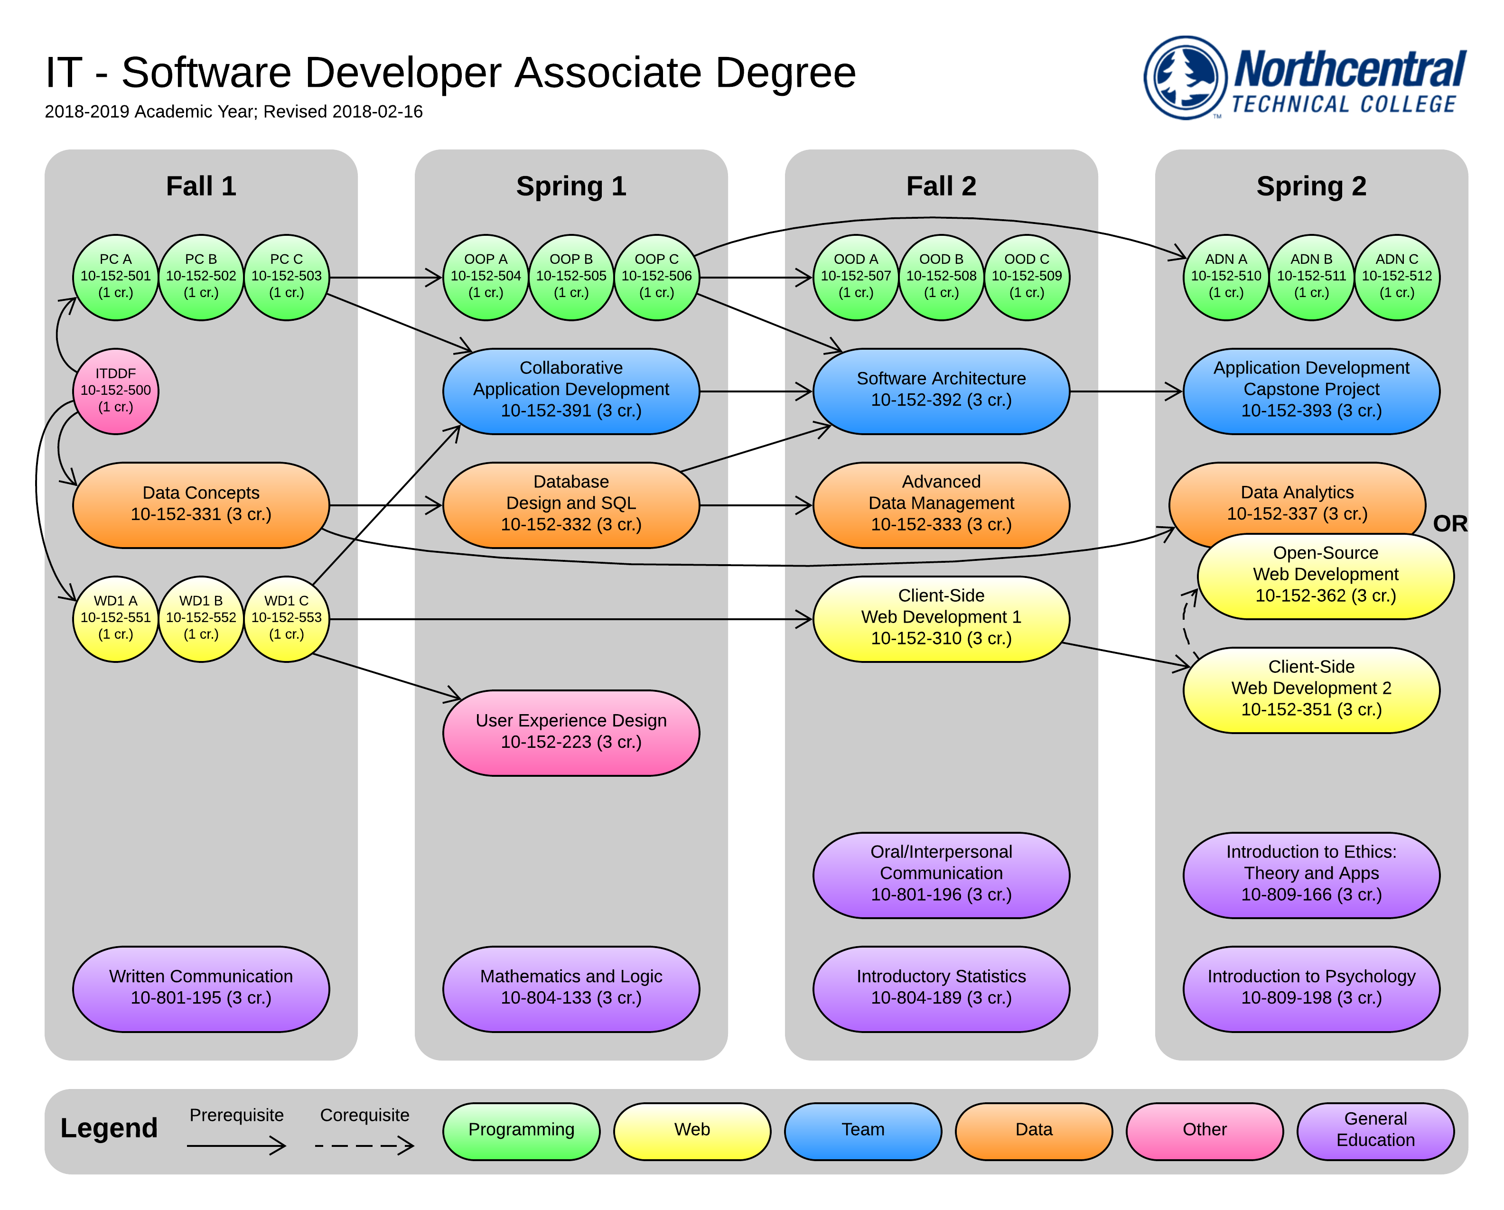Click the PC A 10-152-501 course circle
[x=116, y=277]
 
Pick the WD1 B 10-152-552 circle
[x=201, y=618]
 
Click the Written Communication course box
[x=201, y=987]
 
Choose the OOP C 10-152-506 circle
[x=656, y=277]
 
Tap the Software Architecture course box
[x=941, y=391]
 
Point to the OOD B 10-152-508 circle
[x=941, y=277]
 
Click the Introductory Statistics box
[x=941, y=987]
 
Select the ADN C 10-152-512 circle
[x=1397, y=277]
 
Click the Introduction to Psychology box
[x=1311, y=987]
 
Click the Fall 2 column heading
[x=941, y=186]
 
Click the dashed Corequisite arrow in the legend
[x=364, y=1145]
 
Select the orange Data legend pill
[x=1033, y=1130]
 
